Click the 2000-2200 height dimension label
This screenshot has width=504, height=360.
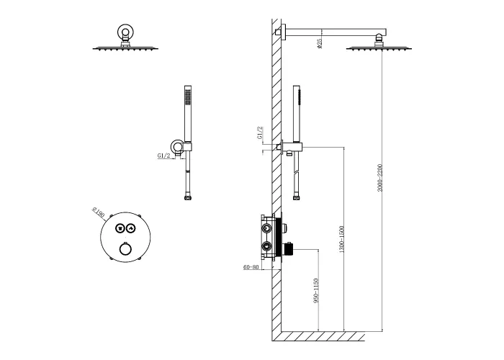click(380, 178)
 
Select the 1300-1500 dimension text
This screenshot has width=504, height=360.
click(342, 239)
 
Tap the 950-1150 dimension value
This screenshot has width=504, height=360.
click(316, 291)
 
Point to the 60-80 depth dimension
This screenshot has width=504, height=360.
click(251, 267)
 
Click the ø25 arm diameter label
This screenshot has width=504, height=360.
click(319, 43)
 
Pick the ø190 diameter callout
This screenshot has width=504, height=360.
click(99, 213)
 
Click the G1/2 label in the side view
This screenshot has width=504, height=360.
click(260, 132)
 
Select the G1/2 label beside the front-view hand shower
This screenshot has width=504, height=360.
click(164, 156)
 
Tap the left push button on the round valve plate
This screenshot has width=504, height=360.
click(120, 228)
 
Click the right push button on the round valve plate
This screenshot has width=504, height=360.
click(131, 228)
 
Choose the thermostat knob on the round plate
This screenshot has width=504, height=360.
click(125, 249)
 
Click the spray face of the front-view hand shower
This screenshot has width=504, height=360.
click(187, 97)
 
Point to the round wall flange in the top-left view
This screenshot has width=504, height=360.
click(125, 32)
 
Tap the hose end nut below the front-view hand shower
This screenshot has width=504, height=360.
click(188, 198)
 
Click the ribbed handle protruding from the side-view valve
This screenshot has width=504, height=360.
click(288, 249)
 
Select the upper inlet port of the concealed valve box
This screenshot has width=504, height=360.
click(266, 228)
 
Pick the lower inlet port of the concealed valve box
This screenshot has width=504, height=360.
click(266, 246)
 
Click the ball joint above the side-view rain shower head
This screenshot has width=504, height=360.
click(379, 41)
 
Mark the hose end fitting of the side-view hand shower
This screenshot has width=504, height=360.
click(297, 197)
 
